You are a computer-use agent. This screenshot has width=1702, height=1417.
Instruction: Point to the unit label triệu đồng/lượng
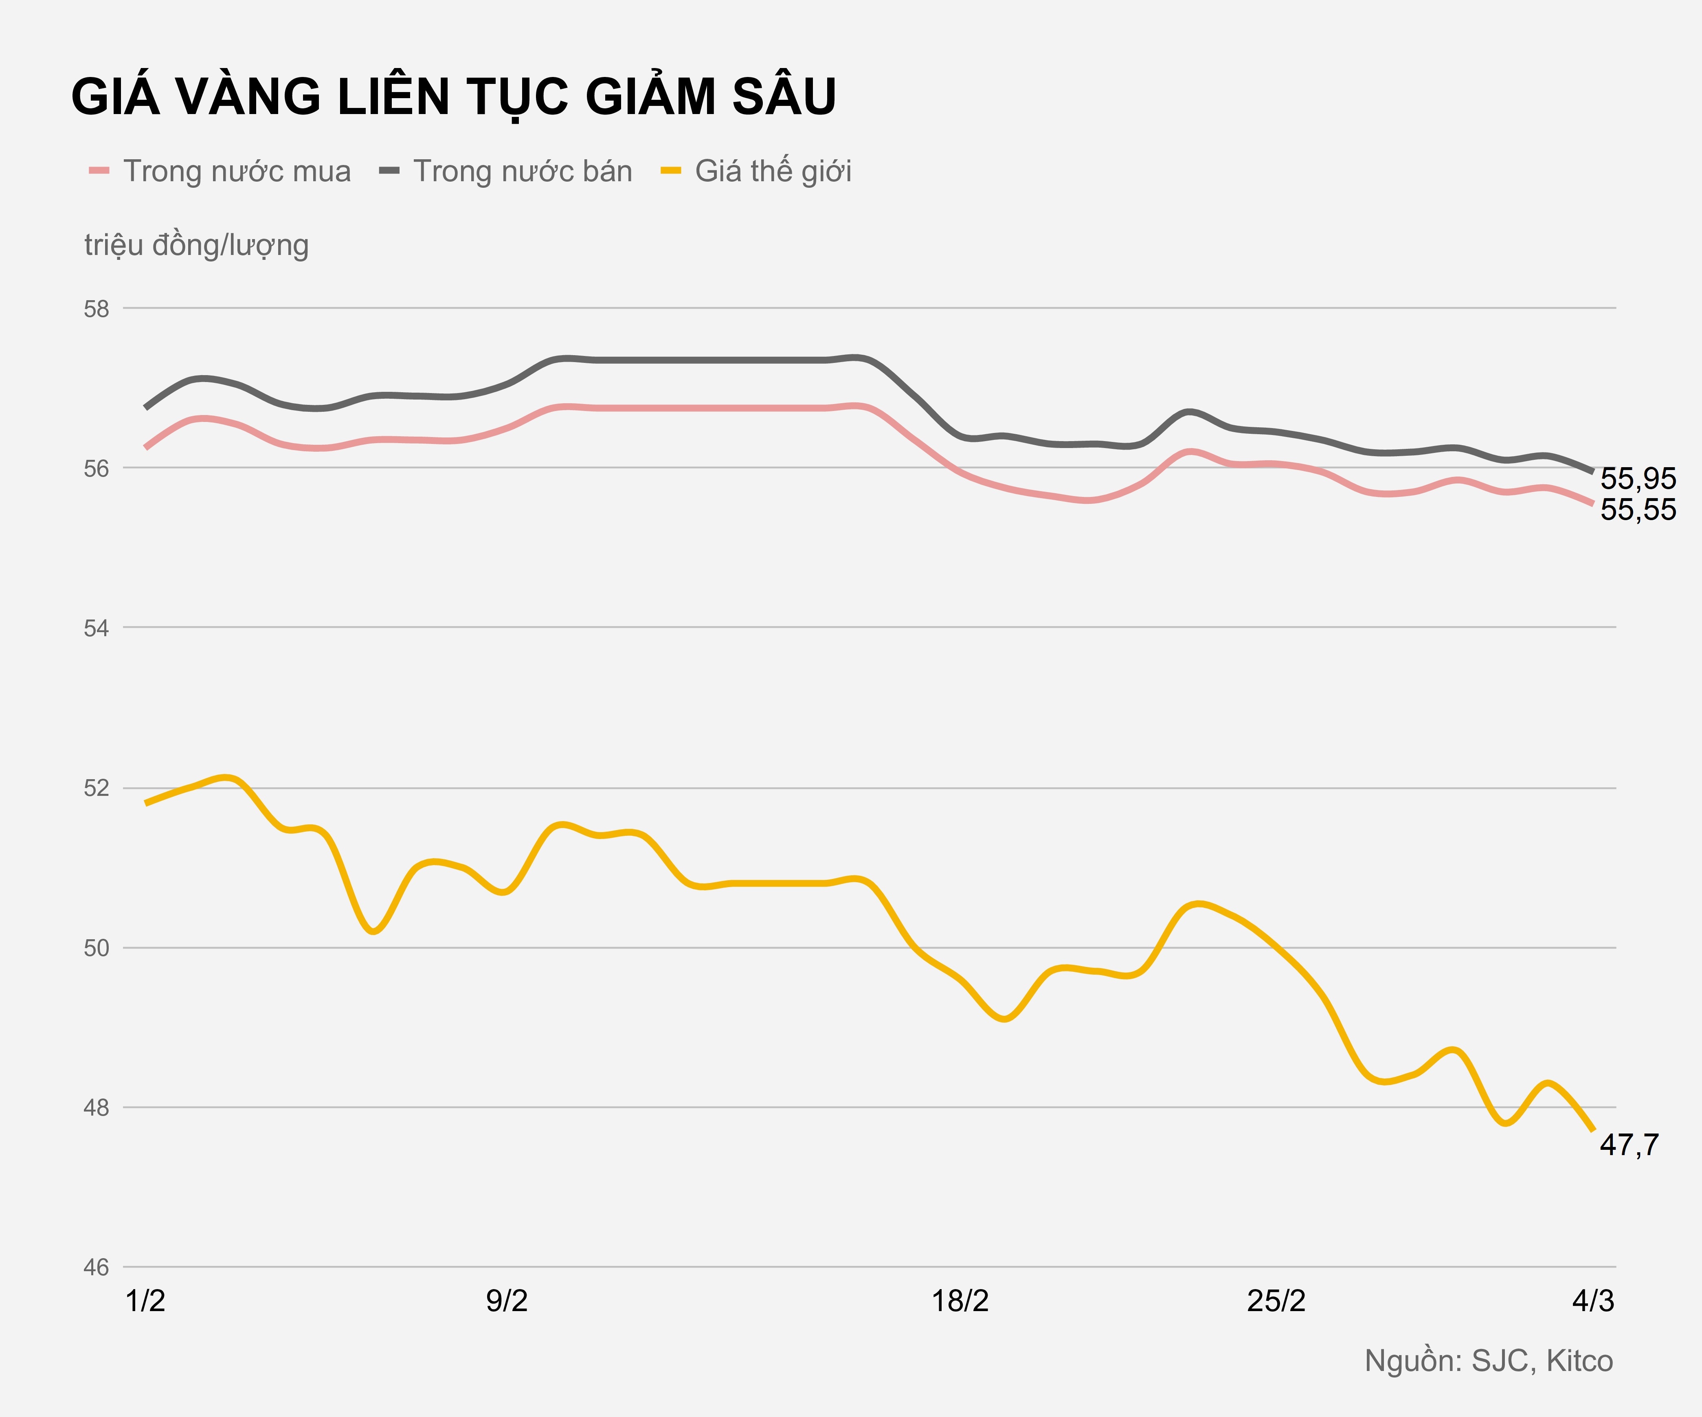coord(196,245)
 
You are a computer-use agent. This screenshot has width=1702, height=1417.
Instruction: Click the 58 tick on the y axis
coord(97,309)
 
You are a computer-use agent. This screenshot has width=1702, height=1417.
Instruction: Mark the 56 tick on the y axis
coord(97,468)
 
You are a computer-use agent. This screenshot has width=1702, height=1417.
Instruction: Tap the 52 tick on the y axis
coord(97,788)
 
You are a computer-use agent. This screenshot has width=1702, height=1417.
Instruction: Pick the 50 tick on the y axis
coord(97,948)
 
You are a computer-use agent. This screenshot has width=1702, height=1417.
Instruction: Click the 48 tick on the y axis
coord(97,1107)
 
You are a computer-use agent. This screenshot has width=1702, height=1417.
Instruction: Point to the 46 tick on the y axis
coord(97,1267)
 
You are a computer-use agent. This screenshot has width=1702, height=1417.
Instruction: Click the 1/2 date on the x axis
coord(146,1301)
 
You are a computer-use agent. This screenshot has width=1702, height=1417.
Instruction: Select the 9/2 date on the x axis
coord(507,1301)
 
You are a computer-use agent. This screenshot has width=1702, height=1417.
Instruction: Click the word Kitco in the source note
coord(1580,1360)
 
